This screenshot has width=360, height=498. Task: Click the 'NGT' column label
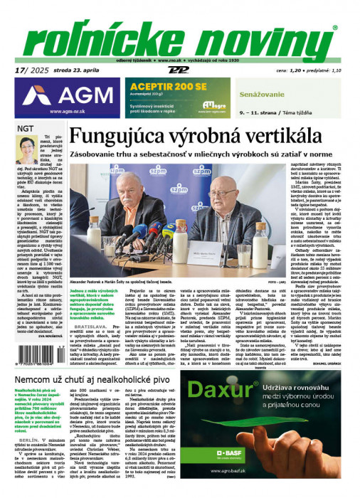tap(26, 127)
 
